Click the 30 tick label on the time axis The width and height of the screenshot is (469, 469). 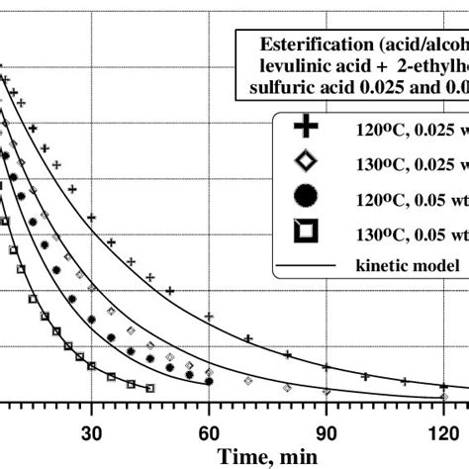(91, 432)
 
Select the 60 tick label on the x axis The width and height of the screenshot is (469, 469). (209, 432)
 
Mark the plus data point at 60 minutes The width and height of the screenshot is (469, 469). (209, 317)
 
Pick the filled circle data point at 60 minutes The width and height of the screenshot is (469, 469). (209, 381)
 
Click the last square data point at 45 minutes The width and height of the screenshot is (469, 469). (149, 388)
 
